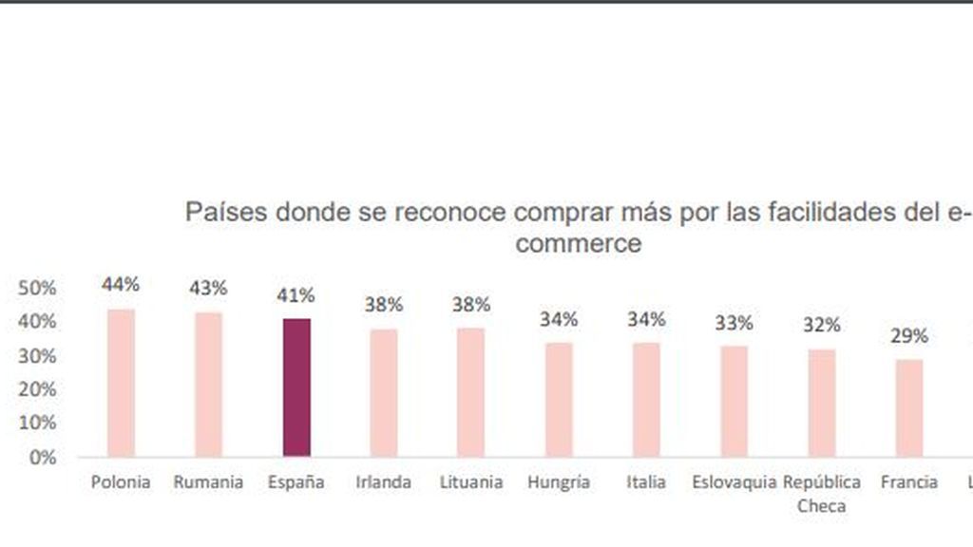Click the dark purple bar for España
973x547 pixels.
[296, 387]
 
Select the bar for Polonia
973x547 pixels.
[121, 383]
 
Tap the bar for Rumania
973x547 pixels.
[208, 385]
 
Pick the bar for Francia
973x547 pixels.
[909, 408]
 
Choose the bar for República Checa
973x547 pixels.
[822, 404]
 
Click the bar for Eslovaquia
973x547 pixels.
[735, 402]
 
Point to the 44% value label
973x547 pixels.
[121, 284]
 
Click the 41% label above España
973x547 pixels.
[296, 295]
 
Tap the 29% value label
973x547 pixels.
[909, 336]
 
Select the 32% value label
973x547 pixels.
[822, 325]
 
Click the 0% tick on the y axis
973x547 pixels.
[42, 457]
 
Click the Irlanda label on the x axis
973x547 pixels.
[384, 482]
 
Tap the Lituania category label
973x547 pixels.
[471, 482]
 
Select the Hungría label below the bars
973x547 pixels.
[559, 482]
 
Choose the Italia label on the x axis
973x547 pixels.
[646, 482]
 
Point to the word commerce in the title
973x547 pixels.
[582, 243]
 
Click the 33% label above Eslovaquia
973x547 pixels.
[735, 323]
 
